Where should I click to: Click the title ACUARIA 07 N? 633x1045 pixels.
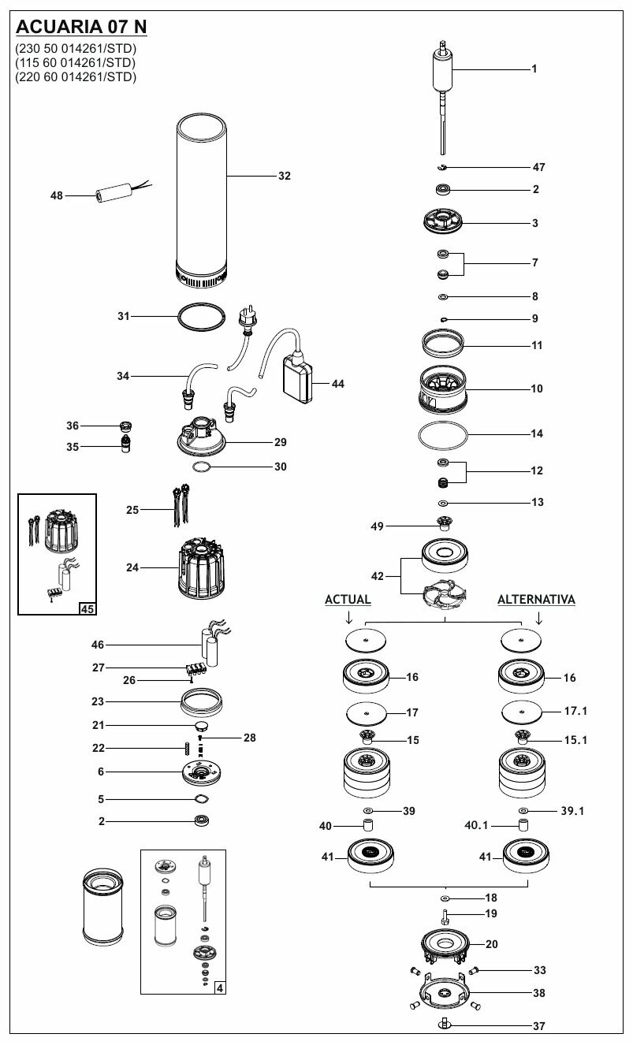point(81,28)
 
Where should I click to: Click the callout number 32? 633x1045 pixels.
point(285,176)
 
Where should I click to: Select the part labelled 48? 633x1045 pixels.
point(112,195)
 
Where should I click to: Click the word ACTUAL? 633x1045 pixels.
point(348,600)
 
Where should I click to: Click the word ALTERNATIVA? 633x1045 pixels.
point(536,600)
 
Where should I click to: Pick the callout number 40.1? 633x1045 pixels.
point(477,826)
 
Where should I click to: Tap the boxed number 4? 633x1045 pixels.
point(218,987)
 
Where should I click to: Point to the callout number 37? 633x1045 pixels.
point(538,1026)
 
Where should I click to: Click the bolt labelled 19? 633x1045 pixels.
point(445,916)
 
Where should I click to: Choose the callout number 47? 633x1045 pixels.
point(538,167)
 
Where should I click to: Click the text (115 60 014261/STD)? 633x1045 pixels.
point(76,62)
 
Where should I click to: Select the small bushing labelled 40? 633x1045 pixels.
point(367,826)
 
